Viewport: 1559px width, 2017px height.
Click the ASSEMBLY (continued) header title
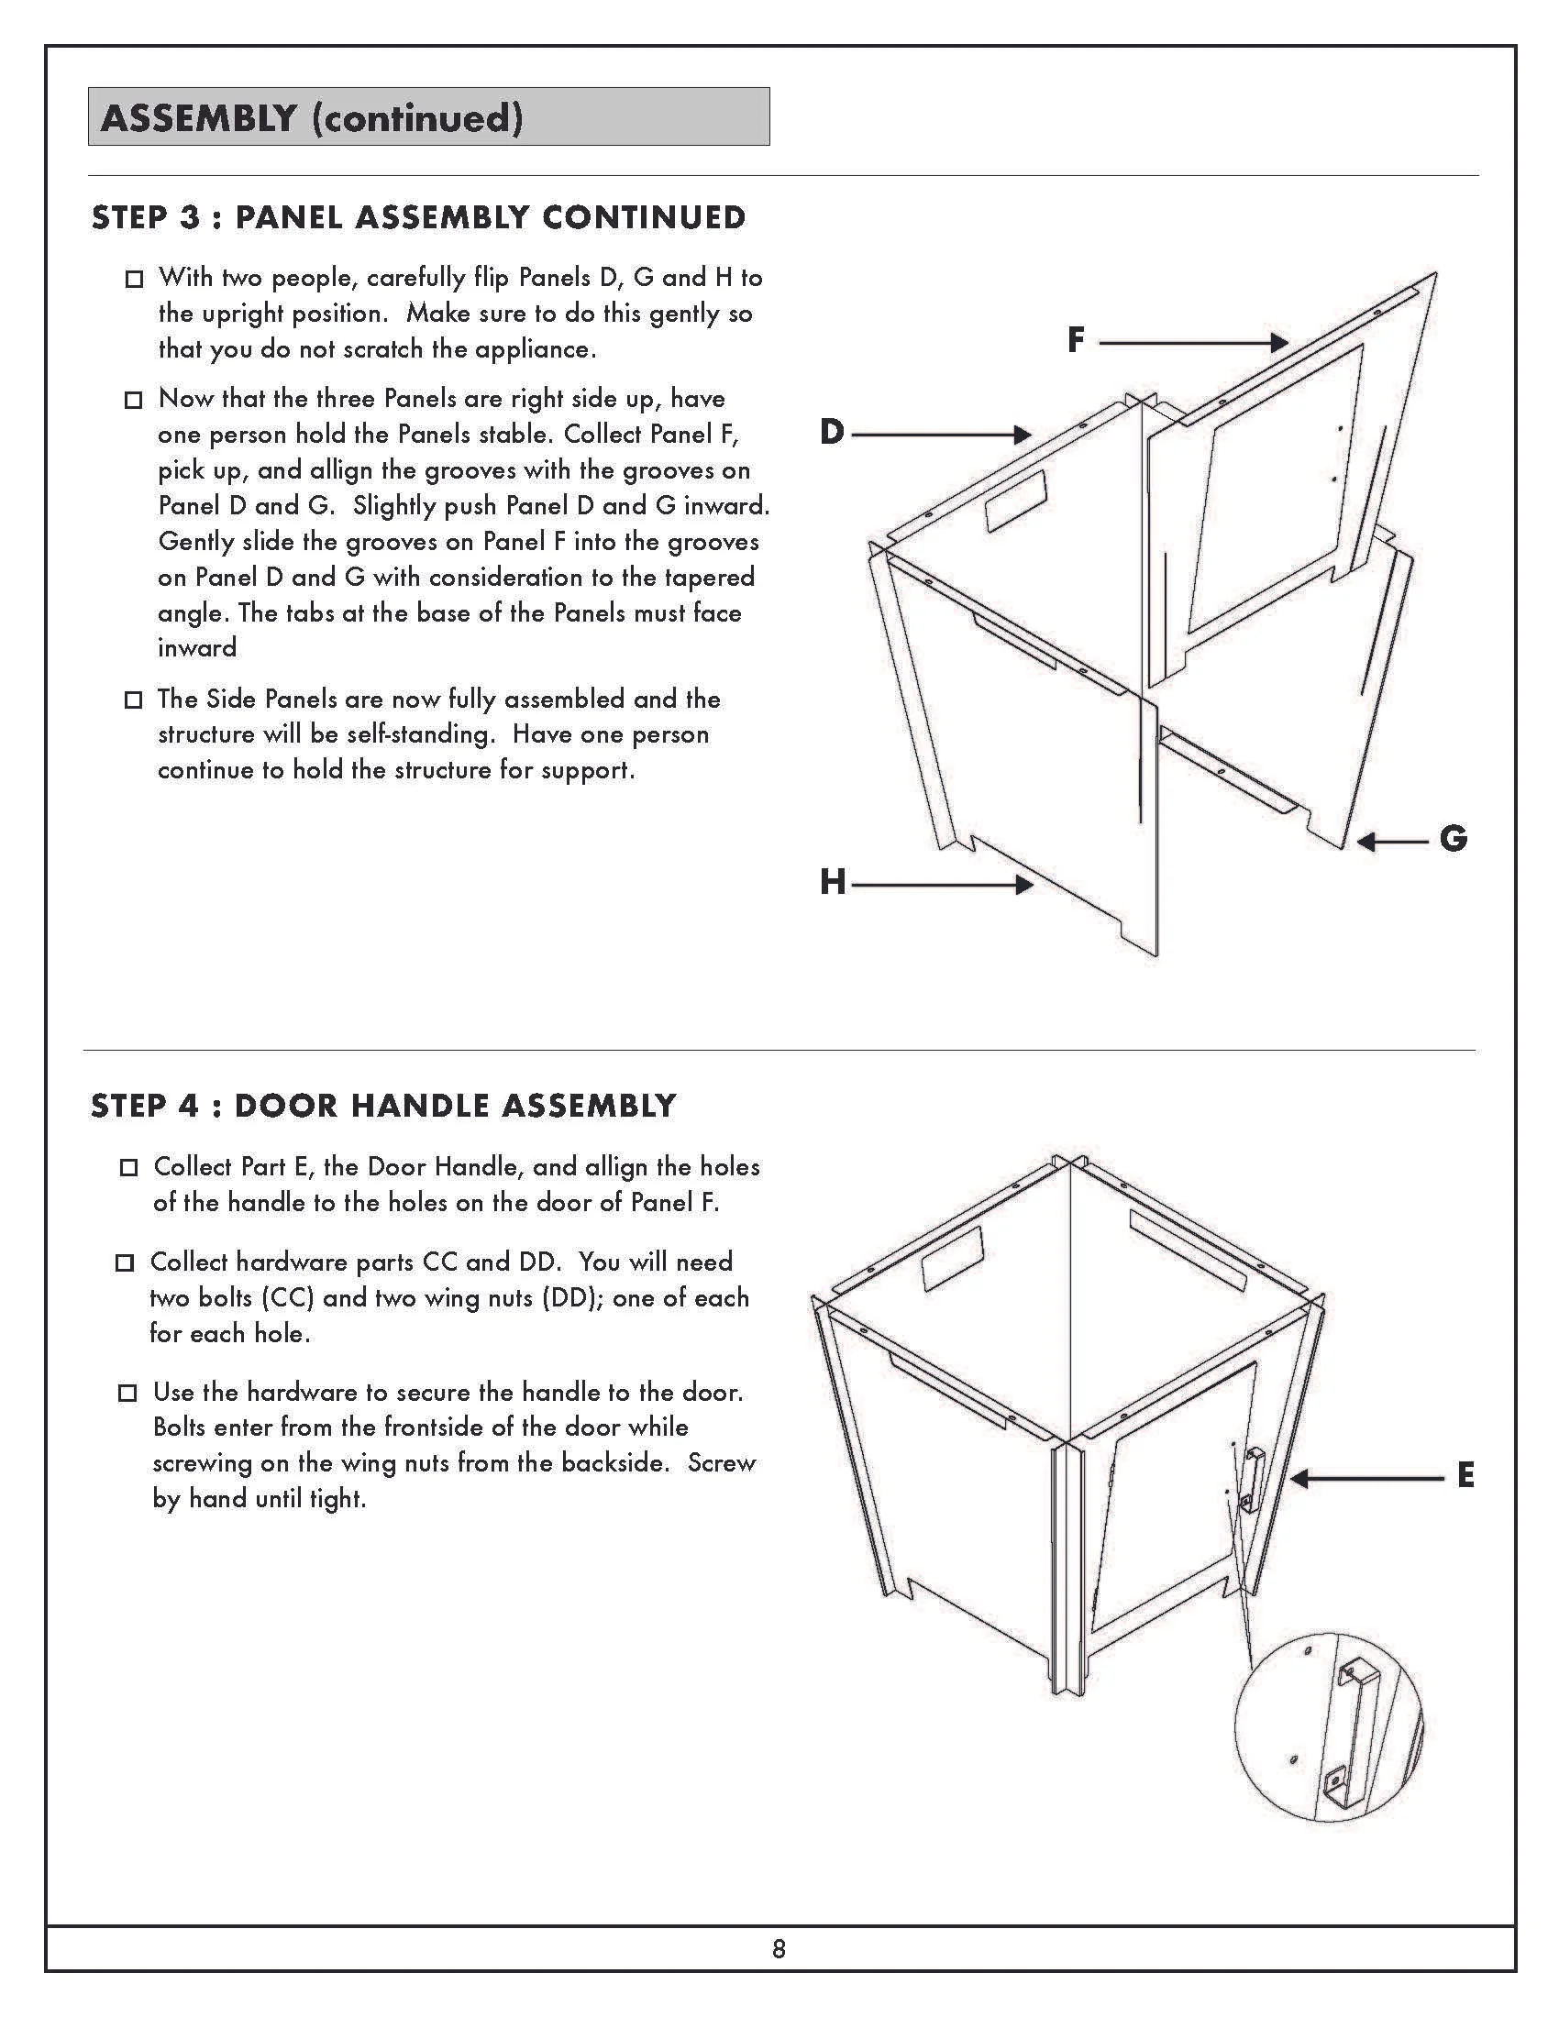(x=312, y=118)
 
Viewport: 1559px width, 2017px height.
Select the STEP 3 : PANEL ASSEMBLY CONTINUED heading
(x=418, y=218)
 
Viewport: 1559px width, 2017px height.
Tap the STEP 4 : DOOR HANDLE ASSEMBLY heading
(x=383, y=1106)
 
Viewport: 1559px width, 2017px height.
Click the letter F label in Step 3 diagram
(x=1075, y=341)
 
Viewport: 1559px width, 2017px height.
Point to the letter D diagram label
(x=832, y=432)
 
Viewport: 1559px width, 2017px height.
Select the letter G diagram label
(x=1453, y=839)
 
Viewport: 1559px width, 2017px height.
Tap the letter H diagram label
(x=832, y=883)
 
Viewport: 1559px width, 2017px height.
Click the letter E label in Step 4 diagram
(x=1465, y=1476)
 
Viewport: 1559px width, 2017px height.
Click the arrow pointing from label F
(x=1193, y=343)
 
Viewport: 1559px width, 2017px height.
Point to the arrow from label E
(x=1367, y=1479)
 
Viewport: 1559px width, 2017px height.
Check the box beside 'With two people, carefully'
(x=134, y=279)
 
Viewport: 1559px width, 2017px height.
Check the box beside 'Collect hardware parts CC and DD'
(x=125, y=1262)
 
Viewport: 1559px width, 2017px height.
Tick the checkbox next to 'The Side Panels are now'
(x=134, y=700)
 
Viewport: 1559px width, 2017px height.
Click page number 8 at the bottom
(x=779, y=1948)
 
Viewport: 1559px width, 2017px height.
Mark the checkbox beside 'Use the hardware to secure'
(x=128, y=1393)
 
